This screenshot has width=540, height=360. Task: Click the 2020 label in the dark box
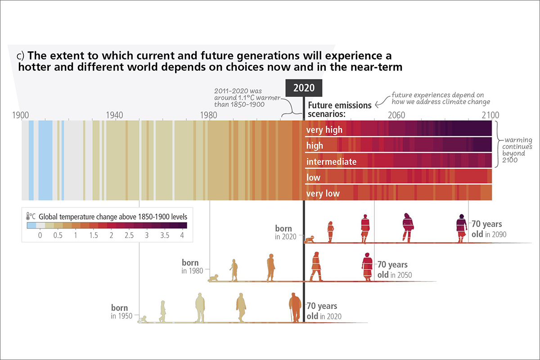[304, 88]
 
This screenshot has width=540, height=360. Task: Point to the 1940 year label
[114, 114]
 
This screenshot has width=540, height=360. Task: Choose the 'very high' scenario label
[324, 130]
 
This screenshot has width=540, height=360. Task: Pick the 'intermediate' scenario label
[331, 162]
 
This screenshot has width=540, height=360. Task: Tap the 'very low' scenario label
[323, 193]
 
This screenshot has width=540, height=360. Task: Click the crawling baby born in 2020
[310, 239]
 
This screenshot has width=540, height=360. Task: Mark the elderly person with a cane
[295, 307]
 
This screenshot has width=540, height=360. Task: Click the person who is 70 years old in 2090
[462, 229]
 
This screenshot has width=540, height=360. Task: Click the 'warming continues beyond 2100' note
[517, 147]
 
